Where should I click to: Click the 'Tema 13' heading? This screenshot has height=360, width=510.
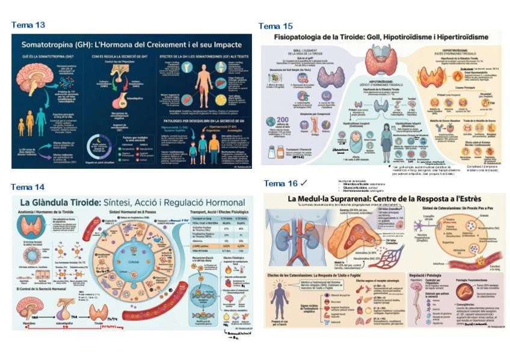[28, 25]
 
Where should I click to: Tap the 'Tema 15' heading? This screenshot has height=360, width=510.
[275, 26]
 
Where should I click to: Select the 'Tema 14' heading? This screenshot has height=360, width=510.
[28, 187]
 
